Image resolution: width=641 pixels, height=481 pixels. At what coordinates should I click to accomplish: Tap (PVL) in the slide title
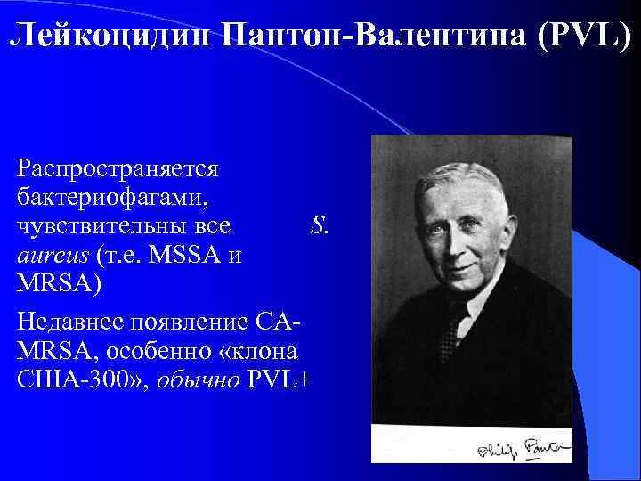[578, 37]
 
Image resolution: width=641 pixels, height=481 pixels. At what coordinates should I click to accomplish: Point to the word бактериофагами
[110, 192]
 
